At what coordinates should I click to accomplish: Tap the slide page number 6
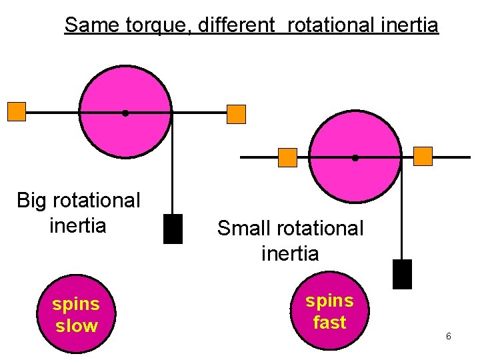[449, 336]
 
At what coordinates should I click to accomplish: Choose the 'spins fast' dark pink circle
[329, 311]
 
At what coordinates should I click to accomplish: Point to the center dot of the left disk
[125, 113]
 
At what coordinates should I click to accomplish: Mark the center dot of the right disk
[355, 158]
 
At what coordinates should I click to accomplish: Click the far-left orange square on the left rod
[17, 111]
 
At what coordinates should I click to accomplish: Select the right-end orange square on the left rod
[236, 114]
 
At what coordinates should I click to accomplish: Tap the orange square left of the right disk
[287, 157]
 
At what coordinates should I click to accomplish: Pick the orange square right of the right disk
[423, 156]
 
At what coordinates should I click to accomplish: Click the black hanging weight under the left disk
[173, 229]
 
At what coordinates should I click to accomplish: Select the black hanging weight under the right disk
[402, 274]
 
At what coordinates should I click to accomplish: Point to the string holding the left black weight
[173, 173]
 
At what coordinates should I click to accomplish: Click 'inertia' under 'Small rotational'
[290, 253]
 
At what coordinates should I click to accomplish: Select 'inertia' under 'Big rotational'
[78, 225]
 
